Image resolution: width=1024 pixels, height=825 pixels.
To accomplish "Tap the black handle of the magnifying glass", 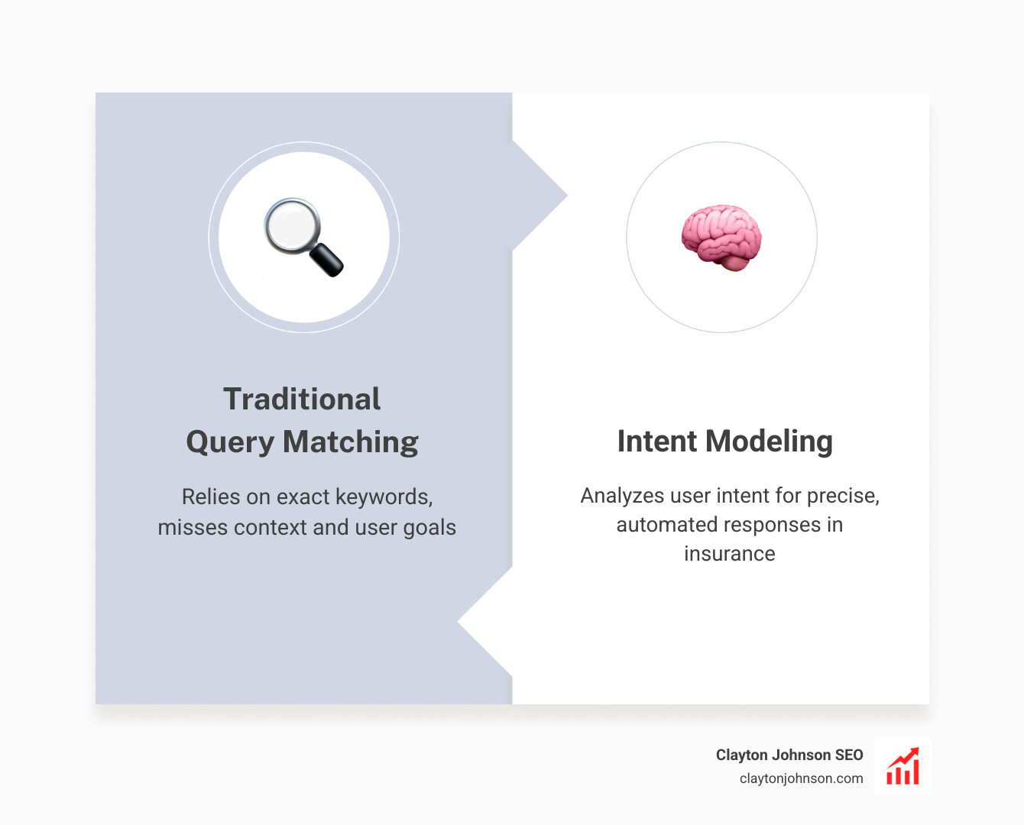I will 327,260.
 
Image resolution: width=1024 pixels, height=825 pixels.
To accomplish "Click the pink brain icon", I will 721,237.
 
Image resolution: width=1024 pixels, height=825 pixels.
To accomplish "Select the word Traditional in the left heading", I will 302,400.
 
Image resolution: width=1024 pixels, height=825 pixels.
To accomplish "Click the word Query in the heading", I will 230,442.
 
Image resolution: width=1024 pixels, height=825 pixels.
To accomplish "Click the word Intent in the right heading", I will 657,442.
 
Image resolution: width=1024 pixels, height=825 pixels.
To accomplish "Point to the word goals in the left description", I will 429,528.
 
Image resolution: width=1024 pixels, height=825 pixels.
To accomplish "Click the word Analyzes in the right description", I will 622,496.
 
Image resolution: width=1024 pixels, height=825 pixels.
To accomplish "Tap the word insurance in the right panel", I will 729,554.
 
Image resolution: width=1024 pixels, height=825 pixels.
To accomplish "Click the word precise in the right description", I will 843,496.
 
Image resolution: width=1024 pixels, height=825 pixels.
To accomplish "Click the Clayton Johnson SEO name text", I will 789,755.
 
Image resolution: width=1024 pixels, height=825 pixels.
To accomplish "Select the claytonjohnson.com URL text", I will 801,778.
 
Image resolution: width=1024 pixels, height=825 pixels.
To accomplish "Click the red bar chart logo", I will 902,766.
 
